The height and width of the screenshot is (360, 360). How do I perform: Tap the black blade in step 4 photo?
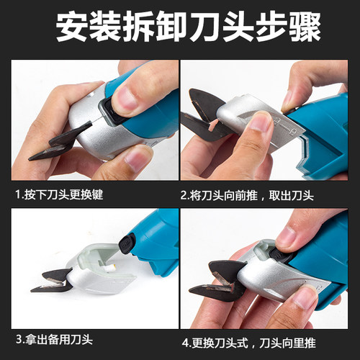[x=223, y=281]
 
